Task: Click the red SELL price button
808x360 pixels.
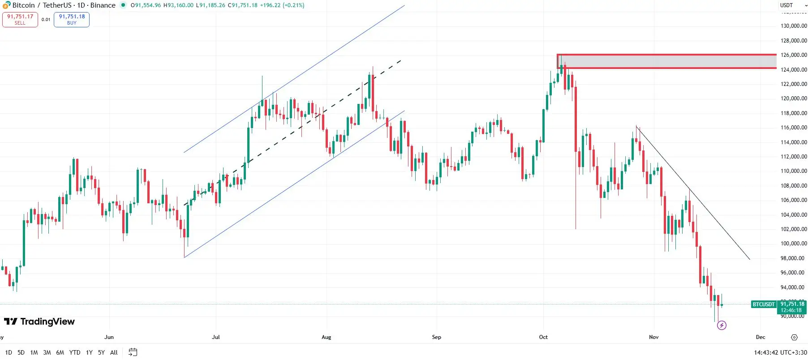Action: coord(20,19)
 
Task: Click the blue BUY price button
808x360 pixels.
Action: coord(72,19)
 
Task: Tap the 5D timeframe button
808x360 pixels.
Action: coord(21,352)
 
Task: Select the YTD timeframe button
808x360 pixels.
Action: coord(75,352)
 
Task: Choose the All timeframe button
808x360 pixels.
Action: coord(114,352)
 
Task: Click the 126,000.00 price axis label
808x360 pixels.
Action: coord(793,55)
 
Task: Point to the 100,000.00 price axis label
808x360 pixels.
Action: coord(793,244)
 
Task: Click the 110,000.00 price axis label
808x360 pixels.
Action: coord(793,171)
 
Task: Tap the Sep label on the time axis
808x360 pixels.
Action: coord(436,337)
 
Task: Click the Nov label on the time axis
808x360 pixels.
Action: coord(653,337)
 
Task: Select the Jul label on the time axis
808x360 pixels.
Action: coord(216,337)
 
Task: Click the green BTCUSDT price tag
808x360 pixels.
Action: coord(763,304)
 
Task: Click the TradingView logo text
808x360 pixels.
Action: coord(47,321)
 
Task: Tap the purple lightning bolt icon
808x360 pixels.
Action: coord(722,326)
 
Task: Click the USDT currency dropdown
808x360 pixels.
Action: coord(793,5)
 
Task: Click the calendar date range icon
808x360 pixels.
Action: coord(133,352)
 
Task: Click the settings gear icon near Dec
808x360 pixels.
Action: coord(794,337)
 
